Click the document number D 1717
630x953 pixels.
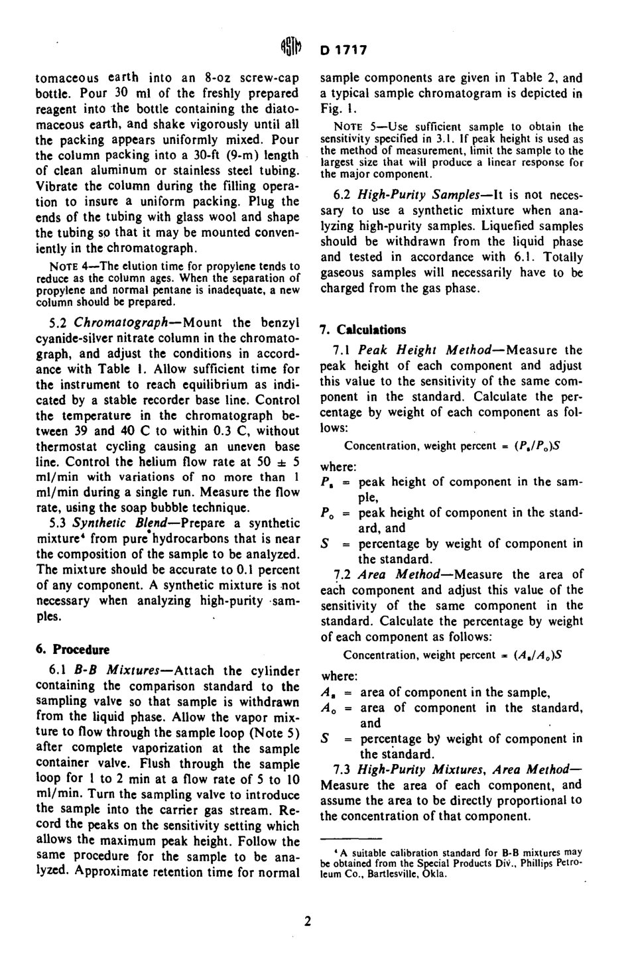pyautogui.click(x=343, y=50)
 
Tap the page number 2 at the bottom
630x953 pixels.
pyautogui.click(x=308, y=921)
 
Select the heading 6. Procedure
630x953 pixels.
pyautogui.click(x=73, y=649)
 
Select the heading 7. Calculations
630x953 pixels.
pyautogui.click(x=363, y=330)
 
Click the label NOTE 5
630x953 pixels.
pyautogui.click(x=349, y=127)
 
